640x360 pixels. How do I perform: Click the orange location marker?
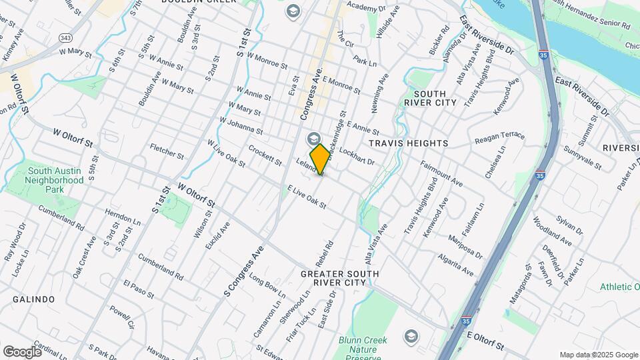point(320,159)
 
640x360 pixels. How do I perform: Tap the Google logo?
point(22,351)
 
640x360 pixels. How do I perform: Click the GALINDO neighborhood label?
point(33,299)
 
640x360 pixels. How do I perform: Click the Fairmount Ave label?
point(441,172)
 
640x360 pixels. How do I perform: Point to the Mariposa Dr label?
point(465,244)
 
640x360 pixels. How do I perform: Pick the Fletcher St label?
point(167,151)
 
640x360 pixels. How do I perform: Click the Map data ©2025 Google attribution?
point(599,355)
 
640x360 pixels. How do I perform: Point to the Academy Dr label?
point(362,7)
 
